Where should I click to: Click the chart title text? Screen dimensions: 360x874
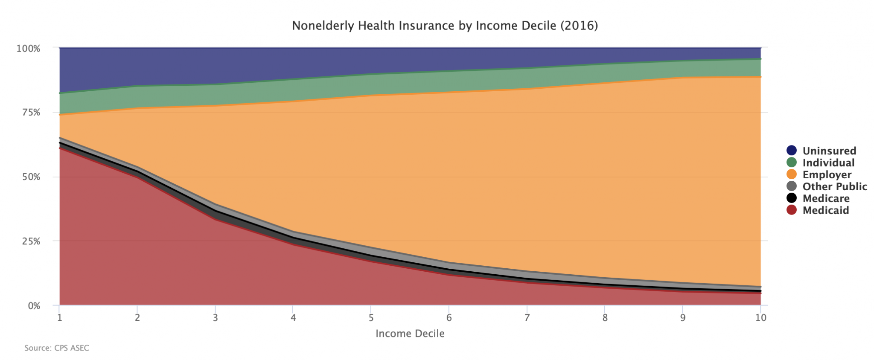pyautogui.click(x=445, y=26)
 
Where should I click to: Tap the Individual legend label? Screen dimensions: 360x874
pyautogui.click(x=828, y=163)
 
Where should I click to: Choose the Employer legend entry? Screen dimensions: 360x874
pyautogui.click(x=827, y=175)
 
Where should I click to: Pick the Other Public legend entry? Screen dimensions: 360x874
pyautogui.click(x=834, y=187)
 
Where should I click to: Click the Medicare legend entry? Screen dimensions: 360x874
pyautogui.click(x=826, y=199)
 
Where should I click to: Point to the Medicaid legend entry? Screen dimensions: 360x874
pyautogui.click(x=825, y=211)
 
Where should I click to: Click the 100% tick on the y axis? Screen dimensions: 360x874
pyautogui.click(x=28, y=49)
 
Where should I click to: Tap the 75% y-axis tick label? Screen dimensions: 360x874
pyautogui.click(x=31, y=113)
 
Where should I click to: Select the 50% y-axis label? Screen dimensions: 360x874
pyautogui.click(x=31, y=177)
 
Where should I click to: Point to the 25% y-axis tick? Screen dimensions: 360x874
pyautogui.click(x=31, y=241)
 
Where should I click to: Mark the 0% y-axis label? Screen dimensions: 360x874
pyautogui.click(x=33, y=306)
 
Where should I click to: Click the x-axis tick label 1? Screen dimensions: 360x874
pyautogui.click(x=59, y=318)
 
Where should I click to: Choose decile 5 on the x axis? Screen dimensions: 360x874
pyautogui.click(x=371, y=318)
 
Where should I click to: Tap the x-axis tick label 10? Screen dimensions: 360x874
pyautogui.click(x=760, y=318)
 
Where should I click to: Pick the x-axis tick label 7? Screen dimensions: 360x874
pyautogui.click(x=527, y=318)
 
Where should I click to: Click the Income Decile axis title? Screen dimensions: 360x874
pyautogui.click(x=410, y=334)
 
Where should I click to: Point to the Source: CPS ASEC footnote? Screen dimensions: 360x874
pyautogui.click(x=57, y=348)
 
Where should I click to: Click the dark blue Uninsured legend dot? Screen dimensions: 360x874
pyautogui.click(x=792, y=151)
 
